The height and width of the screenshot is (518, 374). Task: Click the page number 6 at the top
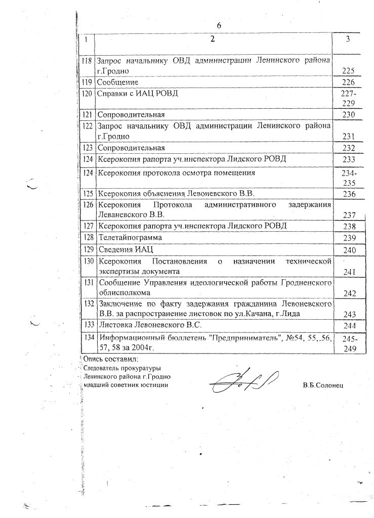click(219, 25)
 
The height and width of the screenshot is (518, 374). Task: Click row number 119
click(87, 82)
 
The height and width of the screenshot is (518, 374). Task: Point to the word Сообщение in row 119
click(117, 82)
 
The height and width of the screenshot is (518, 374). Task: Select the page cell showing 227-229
click(349, 98)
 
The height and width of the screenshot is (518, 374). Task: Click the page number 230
click(349, 115)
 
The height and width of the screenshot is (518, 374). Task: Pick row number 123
click(87, 148)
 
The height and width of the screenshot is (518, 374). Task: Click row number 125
click(87, 194)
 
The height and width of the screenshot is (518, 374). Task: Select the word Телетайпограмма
click(131, 237)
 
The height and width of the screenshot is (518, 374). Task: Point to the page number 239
click(349, 238)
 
